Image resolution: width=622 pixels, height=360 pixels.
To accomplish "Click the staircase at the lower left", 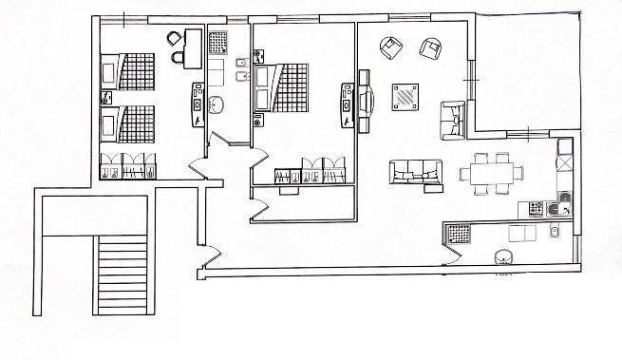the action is pos(121,275).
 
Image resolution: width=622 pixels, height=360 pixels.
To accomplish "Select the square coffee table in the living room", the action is pos(405,96).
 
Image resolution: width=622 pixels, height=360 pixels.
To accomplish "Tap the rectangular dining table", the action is pos(490,173).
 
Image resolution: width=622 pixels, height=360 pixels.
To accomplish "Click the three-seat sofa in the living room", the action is pos(416,171).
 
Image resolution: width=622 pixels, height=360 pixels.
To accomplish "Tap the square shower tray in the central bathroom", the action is pos(218,43).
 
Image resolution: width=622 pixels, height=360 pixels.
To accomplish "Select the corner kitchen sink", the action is pos(563,201).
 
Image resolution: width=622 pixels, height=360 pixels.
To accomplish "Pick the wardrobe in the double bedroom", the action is pos(310,170).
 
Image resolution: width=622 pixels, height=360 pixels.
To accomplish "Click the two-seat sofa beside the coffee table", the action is pos(453,117).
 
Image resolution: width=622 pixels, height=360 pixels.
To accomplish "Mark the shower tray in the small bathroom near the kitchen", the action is pos(459,233).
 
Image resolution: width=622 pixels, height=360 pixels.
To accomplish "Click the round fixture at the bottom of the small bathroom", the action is pos(500,256).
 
